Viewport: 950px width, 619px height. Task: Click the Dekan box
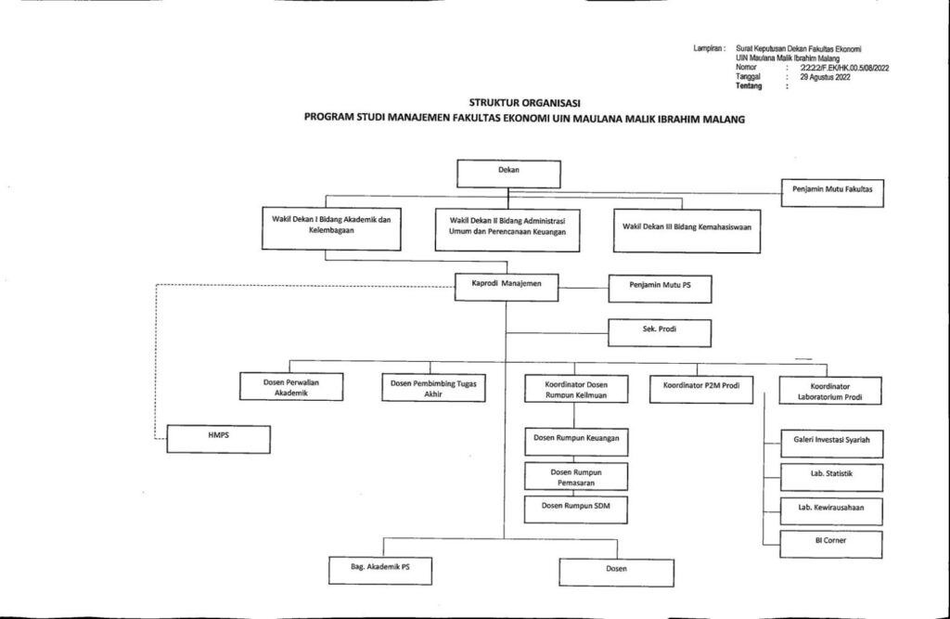[508, 174]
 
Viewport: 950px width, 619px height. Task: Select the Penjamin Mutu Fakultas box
[831, 193]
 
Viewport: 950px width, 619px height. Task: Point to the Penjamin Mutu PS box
[660, 289]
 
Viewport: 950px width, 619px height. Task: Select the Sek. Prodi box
[660, 331]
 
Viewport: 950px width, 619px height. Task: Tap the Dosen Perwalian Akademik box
[291, 387]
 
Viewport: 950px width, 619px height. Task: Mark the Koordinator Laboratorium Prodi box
[829, 390]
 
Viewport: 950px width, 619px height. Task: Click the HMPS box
[218, 438]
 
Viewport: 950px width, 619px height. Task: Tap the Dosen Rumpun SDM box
[575, 508]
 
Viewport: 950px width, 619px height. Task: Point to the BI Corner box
[829, 543]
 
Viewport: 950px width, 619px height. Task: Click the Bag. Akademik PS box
[380, 569]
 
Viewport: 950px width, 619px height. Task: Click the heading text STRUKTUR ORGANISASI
[525, 103]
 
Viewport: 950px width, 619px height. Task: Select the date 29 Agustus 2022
[825, 78]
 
